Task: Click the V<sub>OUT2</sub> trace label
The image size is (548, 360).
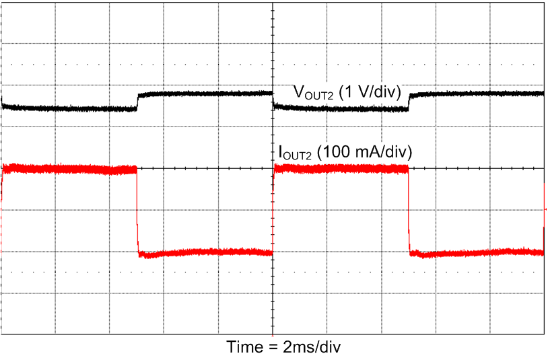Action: (x=313, y=94)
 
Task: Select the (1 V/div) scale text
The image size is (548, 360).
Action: (x=370, y=94)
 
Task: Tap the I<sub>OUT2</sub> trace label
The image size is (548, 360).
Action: (x=296, y=153)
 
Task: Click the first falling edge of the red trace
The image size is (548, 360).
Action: (x=137, y=210)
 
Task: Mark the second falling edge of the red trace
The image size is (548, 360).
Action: (x=409, y=210)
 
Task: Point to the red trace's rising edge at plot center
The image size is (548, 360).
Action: (x=273, y=210)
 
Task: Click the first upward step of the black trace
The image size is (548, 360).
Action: (x=137, y=100)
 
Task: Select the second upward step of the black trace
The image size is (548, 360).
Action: (x=410, y=100)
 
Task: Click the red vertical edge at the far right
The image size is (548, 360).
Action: (x=544, y=215)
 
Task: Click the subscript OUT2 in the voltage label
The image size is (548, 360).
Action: (x=318, y=97)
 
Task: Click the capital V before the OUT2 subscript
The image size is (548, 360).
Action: (x=297, y=92)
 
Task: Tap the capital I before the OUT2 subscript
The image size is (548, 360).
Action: (x=281, y=152)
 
